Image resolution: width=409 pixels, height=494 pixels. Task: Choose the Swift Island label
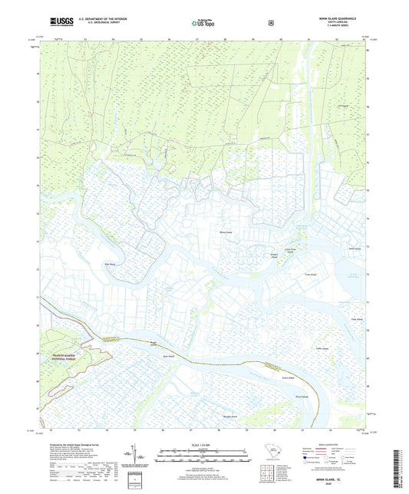tap(354, 249)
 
